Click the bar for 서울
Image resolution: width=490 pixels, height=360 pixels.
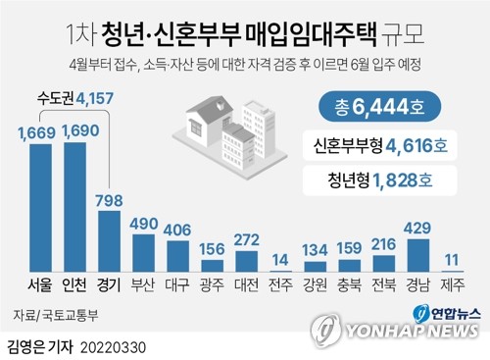pos(40,208)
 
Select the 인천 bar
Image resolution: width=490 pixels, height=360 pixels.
pos(74,207)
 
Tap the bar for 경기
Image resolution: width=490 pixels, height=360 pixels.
pos(109,241)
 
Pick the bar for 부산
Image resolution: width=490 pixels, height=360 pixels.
pos(143,253)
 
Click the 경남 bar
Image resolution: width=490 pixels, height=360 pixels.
pos(418,255)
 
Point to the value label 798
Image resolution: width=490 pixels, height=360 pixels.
pos(109,200)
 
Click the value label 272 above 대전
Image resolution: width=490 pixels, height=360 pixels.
pos(247,240)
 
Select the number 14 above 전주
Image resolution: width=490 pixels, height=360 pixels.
pos(280,260)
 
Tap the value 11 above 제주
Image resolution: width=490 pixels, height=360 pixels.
pos(452,260)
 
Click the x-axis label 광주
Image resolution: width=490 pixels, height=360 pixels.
pos(212,284)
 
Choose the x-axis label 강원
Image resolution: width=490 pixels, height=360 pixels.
pos(315,284)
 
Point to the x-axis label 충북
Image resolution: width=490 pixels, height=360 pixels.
pos(349,284)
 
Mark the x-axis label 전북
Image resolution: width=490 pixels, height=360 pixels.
pos(384,284)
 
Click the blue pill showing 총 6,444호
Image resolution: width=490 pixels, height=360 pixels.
pos(379,107)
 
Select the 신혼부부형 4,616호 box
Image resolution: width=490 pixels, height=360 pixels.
pos(380,145)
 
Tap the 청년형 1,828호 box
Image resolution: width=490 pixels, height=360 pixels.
pos(380,180)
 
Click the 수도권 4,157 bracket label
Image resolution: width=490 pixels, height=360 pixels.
pos(75,98)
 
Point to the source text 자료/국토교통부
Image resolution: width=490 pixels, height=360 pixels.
pos(56,316)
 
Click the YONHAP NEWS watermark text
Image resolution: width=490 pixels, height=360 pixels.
pos(413,331)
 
